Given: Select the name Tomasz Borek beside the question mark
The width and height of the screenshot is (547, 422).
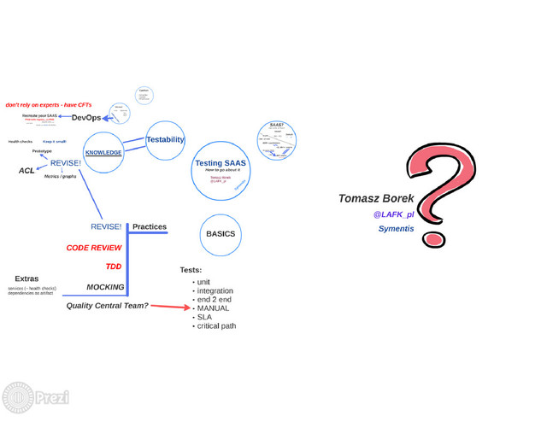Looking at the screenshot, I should (x=376, y=198).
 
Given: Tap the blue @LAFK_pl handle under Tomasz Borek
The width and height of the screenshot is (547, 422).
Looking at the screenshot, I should (x=393, y=214).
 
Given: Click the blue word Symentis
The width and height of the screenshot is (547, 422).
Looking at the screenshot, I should (x=396, y=229).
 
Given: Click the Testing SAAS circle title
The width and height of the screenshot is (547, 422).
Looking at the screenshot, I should (x=221, y=162).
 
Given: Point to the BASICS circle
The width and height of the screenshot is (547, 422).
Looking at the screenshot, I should (x=221, y=234).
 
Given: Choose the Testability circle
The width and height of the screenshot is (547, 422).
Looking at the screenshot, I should (x=165, y=139).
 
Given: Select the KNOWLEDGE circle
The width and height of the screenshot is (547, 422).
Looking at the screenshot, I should (x=103, y=153).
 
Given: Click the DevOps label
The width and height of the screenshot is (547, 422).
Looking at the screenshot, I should (x=86, y=117).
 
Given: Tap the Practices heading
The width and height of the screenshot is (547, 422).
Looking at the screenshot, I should (x=150, y=227).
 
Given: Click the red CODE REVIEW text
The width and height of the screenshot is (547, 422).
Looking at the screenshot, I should (x=94, y=248).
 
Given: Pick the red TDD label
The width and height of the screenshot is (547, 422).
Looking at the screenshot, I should (x=114, y=267).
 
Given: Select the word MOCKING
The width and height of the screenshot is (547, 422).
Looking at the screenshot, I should (x=105, y=287).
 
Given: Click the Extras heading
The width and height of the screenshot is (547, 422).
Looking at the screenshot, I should (x=26, y=278).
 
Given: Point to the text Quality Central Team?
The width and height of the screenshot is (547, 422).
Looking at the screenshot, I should (x=108, y=306).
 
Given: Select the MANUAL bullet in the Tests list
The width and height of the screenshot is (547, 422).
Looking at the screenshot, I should (x=213, y=308).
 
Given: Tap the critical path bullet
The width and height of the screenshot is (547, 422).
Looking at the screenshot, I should (x=216, y=326).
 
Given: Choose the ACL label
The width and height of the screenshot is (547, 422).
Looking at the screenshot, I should (x=26, y=171).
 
